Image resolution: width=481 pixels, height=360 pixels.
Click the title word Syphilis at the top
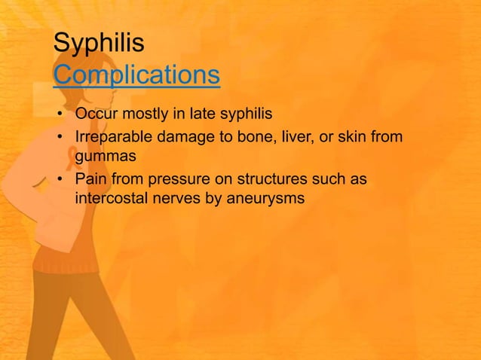pyautogui.click(x=98, y=44)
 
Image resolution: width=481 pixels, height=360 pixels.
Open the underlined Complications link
pyautogui.click(x=136, y=75)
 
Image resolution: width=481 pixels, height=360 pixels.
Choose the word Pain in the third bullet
pyautogui.click(x=90, y=180)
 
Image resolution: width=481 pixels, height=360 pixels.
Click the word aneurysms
pyautogui.click(x=264, y=200)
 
